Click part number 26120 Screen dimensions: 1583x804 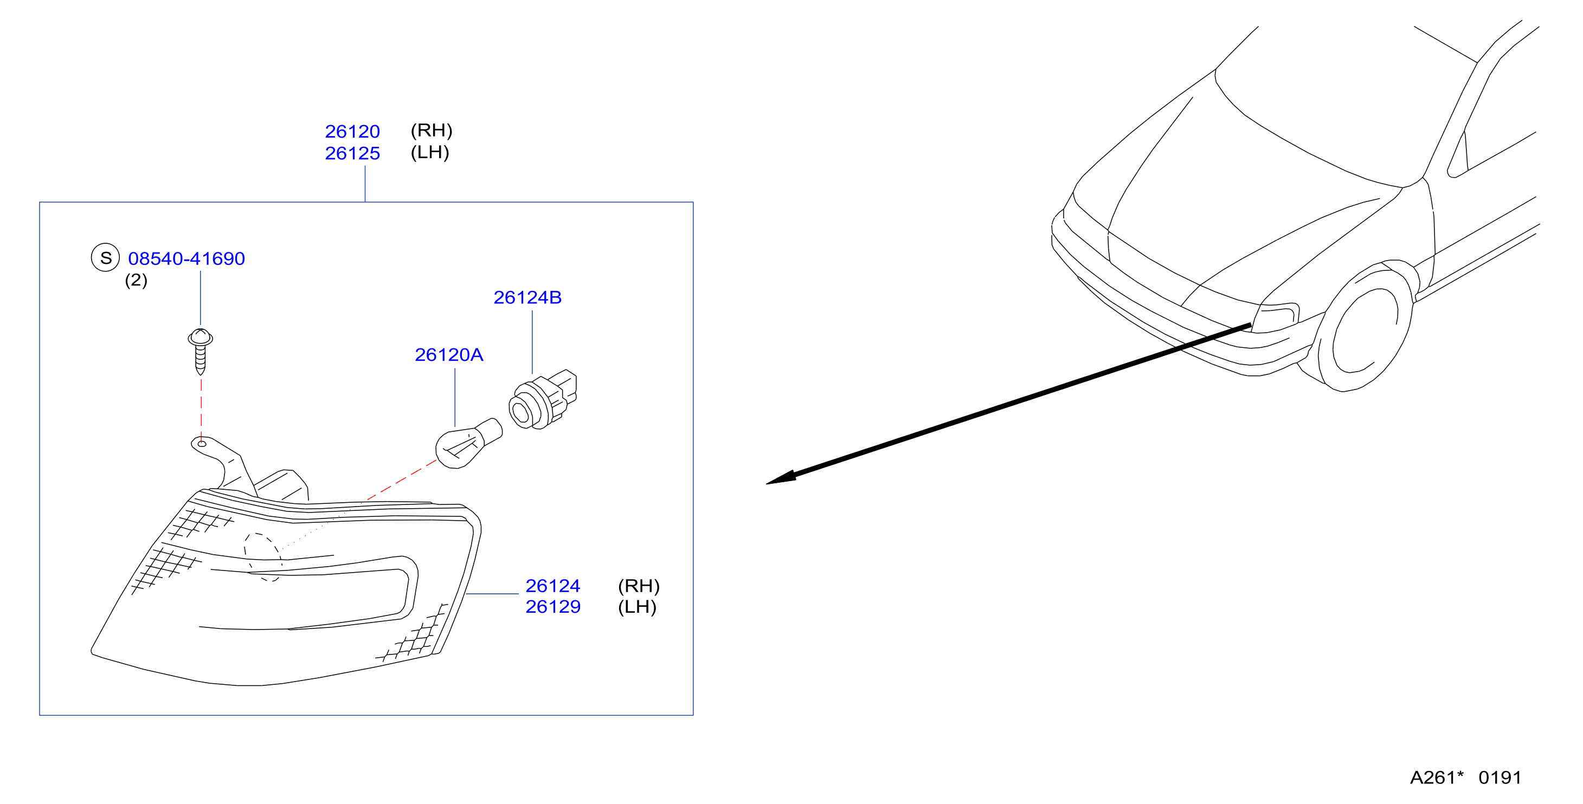tap(352, 132)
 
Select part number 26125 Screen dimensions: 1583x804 tap(352, 153)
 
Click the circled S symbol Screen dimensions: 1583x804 tap(105, 257)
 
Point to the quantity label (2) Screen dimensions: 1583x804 tap(136, 280)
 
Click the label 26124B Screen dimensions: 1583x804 tap(527, 298)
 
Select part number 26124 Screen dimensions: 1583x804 tap(552, 586)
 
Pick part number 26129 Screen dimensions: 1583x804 tap(552, 607)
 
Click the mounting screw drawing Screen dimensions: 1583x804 tap(201, 351)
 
